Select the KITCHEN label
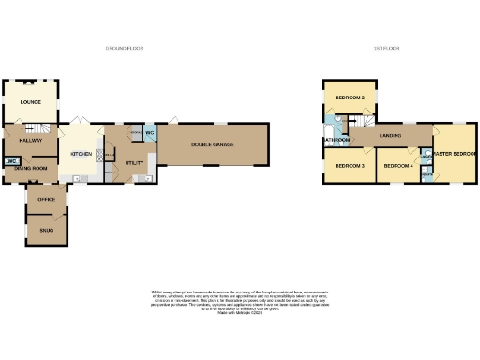click(82, 154)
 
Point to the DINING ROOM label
click(30, 168)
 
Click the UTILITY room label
click(133, 162)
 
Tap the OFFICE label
click(46, 200)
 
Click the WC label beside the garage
click(149, 132)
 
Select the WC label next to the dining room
click(12, 162)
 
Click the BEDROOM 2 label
click(351, 97)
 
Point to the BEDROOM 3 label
click(350, 166)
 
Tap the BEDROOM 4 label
click(398, 166)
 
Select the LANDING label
click(391, 137)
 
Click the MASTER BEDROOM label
click(454, 153)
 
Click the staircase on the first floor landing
click(360, 122)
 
